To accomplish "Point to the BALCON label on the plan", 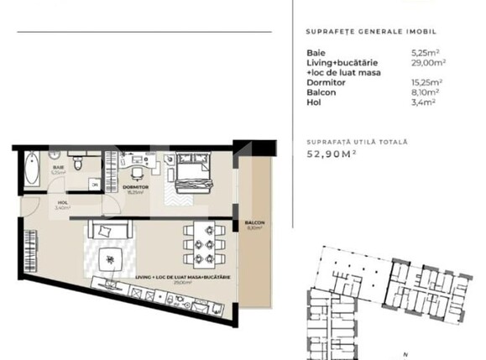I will (254, 222).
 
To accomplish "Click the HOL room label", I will (62, 202).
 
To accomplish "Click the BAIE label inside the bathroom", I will (58, 168).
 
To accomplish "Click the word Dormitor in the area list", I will (324, 82).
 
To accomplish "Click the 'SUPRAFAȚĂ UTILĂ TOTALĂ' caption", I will (357, 142).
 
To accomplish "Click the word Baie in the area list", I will (316, 52).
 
